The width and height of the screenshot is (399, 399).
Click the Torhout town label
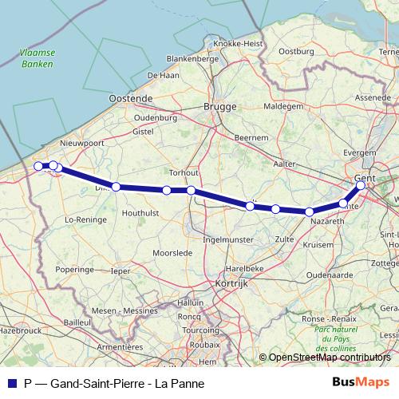[184, 172]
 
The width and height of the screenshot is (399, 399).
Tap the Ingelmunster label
[228, 239]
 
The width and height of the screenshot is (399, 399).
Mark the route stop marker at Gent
[361, 185]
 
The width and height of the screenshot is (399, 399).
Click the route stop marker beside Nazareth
[309, 211]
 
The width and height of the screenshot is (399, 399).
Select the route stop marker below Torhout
[192, 190]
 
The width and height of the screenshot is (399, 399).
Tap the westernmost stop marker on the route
[38, 166]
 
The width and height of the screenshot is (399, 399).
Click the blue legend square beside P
[11, 383]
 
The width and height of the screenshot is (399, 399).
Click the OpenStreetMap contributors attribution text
[329, 358]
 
